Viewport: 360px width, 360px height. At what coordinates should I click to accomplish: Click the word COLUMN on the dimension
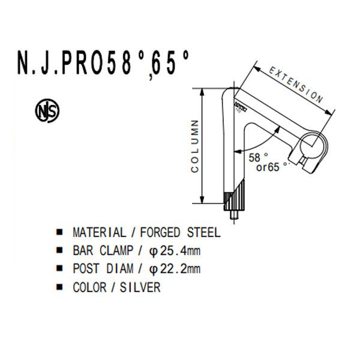pos(195,147)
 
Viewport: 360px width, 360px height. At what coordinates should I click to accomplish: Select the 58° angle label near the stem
pos(257,157)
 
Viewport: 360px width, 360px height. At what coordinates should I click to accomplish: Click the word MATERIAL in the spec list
pos(99,232)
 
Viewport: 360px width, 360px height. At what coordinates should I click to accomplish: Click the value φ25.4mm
pos(175,250)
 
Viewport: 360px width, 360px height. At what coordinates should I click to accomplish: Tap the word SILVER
pos(141,287)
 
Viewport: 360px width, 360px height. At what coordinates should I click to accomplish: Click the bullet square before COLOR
pos(59,288)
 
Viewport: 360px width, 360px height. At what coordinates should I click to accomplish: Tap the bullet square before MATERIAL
pos(59,232)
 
